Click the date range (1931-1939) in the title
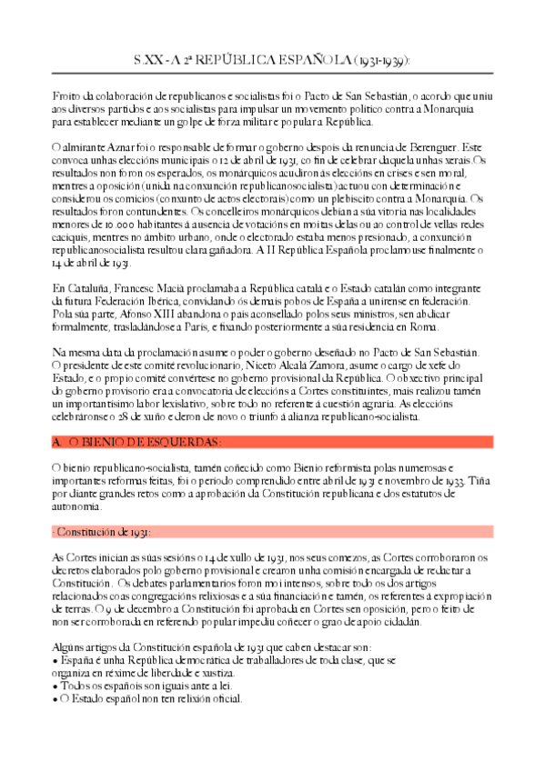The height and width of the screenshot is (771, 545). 380,60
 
